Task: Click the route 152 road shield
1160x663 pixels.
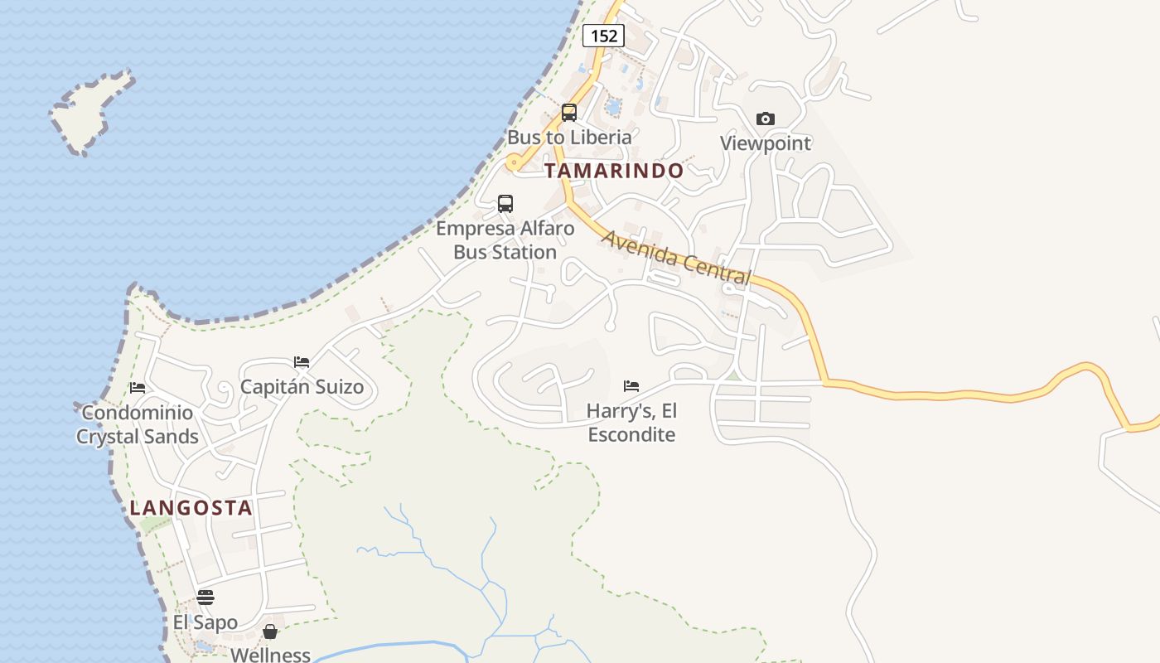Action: [x=603, y=35]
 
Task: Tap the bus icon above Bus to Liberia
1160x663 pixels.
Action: [x=569, y=113]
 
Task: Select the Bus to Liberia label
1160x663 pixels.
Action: [x=569, y=137]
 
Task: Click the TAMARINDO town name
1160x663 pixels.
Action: [x=614, y=171]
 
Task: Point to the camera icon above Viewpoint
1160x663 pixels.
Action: [x=766, y=119]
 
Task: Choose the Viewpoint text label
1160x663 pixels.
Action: [x=766, y=143]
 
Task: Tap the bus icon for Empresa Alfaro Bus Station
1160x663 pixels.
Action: [x=505, y=204]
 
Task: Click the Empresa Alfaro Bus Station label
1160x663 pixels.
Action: [x=505, y=240]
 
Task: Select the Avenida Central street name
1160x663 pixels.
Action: [x=676, y=258]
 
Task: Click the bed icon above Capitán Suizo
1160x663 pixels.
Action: [x=302, y=362]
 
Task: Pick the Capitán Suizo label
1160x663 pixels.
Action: [x=302, y=386]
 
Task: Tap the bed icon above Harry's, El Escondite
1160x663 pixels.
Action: [x=631, y=386]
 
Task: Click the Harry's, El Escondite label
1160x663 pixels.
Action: [x=631, y=423]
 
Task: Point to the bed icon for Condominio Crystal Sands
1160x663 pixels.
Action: [x=138, y=388]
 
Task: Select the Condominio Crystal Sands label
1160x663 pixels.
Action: [x=138, y=424]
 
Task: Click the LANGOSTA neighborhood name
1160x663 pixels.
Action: [x=191, y=508]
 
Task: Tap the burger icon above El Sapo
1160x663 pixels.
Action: [x=205, y=598]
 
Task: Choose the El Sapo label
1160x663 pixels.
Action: [x=205, y=622]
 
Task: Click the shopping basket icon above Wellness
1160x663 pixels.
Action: [x=270, y=632]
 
